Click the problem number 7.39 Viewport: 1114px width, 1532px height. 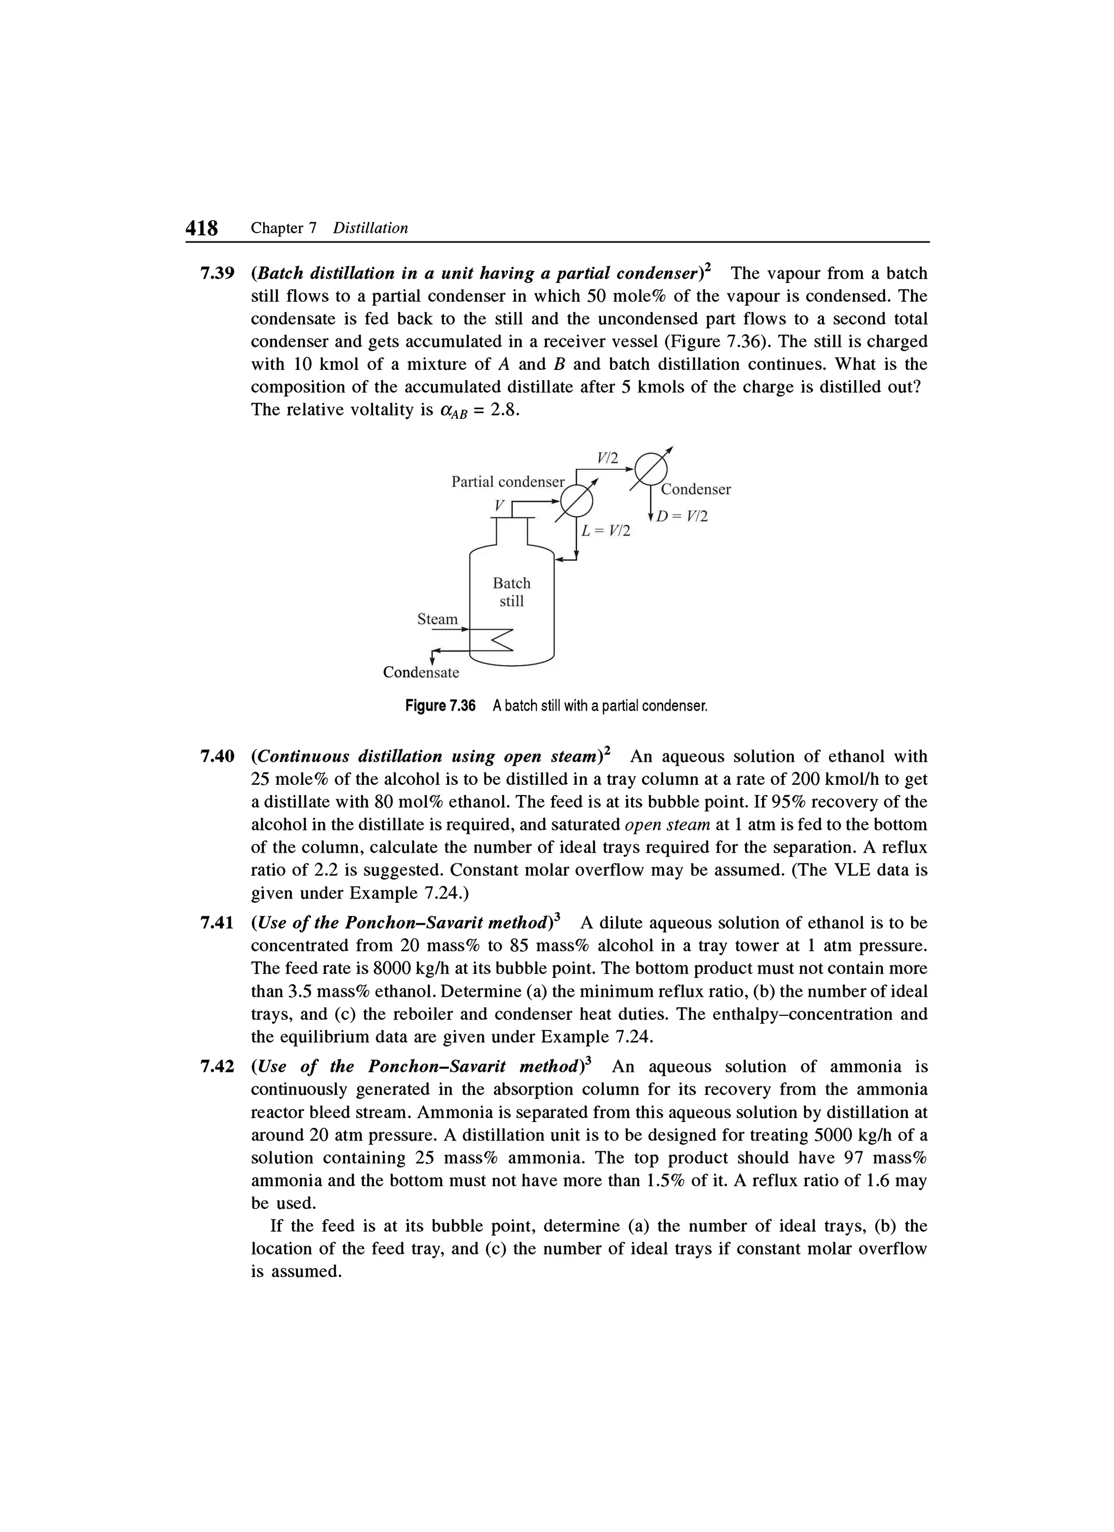217,274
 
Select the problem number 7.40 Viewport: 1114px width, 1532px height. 217,756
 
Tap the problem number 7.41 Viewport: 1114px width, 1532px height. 217,923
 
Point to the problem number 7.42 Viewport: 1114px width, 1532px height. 217,1066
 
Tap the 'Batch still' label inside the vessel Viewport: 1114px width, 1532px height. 511,592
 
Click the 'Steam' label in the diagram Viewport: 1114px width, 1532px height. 437,619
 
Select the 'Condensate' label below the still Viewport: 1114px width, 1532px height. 420,672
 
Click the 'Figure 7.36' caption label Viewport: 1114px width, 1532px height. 440,706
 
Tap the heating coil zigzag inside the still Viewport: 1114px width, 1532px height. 500,639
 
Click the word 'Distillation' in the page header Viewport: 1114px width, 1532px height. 371,228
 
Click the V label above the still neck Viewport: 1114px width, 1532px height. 499,505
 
